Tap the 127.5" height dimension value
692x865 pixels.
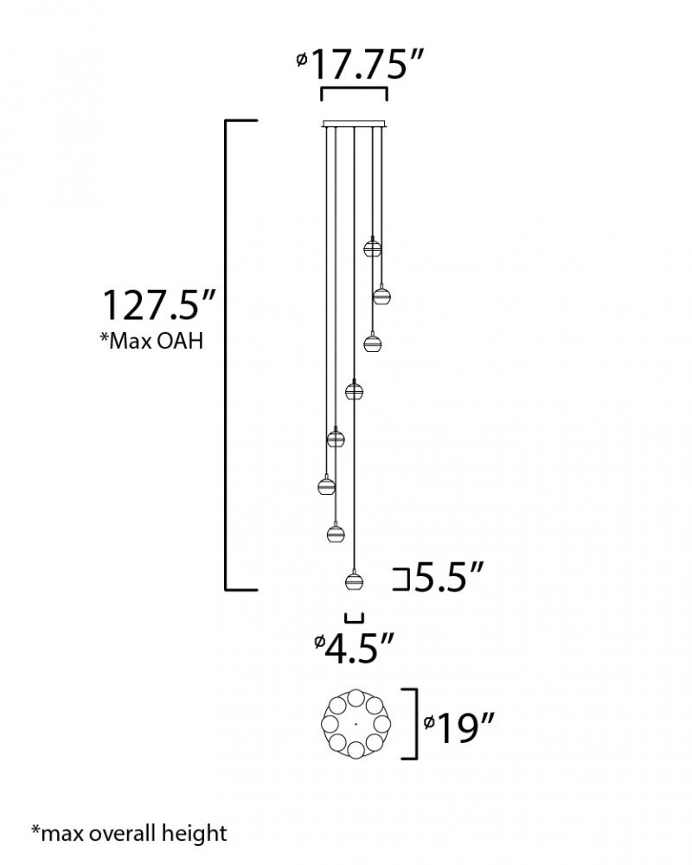158,305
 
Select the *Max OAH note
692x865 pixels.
151,341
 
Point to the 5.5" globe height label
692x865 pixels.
449,577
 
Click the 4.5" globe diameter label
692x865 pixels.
355,648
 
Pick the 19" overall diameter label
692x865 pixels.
458,728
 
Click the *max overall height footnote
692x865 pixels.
129,833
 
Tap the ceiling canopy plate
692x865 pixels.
355,124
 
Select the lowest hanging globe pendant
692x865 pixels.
355,581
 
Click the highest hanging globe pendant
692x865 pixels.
373,247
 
